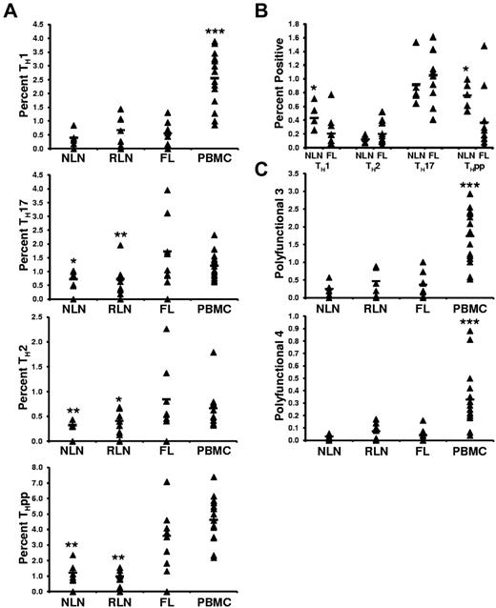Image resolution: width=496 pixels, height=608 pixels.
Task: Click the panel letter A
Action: (x=10, y=9)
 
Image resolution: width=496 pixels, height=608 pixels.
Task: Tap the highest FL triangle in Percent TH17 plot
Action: (x=168, y=191)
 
